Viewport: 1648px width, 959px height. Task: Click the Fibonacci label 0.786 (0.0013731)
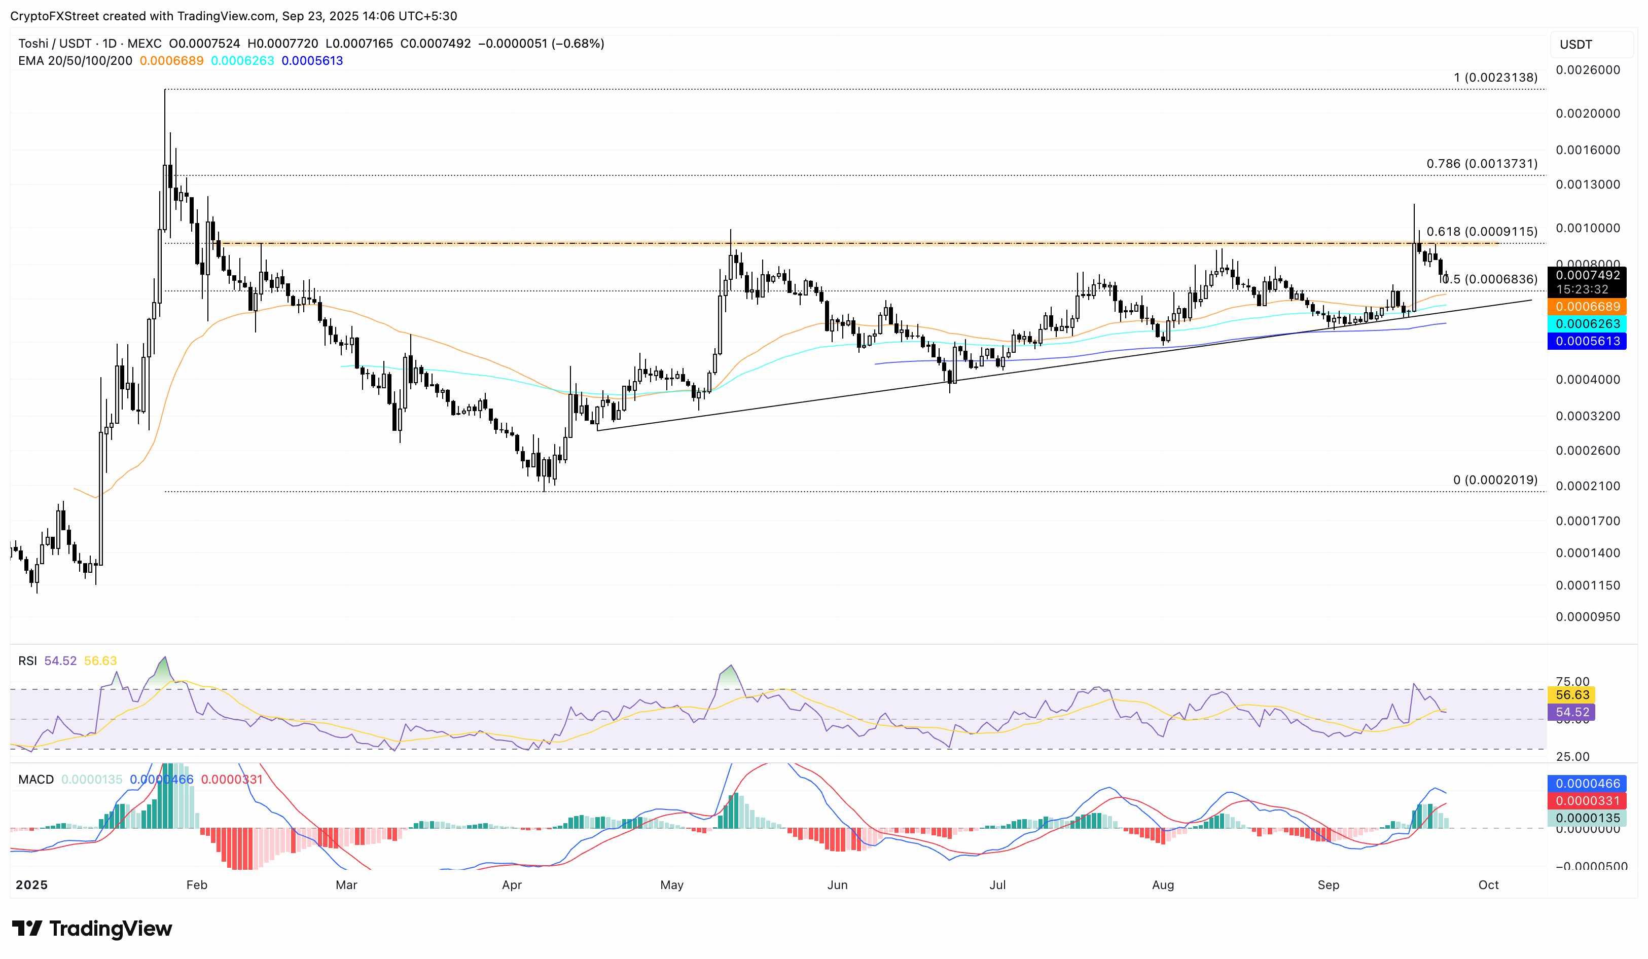point(1481,163)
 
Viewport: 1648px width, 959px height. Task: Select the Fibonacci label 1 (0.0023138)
point(1495,77)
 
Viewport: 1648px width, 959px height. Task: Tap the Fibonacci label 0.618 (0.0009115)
point(1481,232)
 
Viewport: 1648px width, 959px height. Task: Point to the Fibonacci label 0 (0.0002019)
point(1495,480)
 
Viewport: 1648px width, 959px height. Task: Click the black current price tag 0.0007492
point(1587,275)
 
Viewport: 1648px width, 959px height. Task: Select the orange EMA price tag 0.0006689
point(1587,307)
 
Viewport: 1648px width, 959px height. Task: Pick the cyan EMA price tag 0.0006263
point(1587,323)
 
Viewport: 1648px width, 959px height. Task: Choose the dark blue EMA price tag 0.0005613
point(1587,341)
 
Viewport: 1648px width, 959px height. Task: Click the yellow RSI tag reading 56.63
point(1572,695)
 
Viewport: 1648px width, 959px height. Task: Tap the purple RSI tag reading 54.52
point(1572,712)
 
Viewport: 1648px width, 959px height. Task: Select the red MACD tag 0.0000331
point(1587,801)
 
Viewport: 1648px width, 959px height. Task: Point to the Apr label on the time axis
point(512,884)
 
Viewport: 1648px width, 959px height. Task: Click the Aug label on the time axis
point(1163,884)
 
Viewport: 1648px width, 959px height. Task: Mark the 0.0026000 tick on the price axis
point(1587,70)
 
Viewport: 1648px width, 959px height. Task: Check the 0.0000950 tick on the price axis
point(1587,616)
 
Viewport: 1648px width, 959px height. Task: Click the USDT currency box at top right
point(1576,45)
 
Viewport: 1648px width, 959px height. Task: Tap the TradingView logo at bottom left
point(92,928)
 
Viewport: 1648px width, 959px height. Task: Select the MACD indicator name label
point(36,779)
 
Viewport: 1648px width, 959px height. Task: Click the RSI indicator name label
point(27,661)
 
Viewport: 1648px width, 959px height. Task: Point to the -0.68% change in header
point(578,44)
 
